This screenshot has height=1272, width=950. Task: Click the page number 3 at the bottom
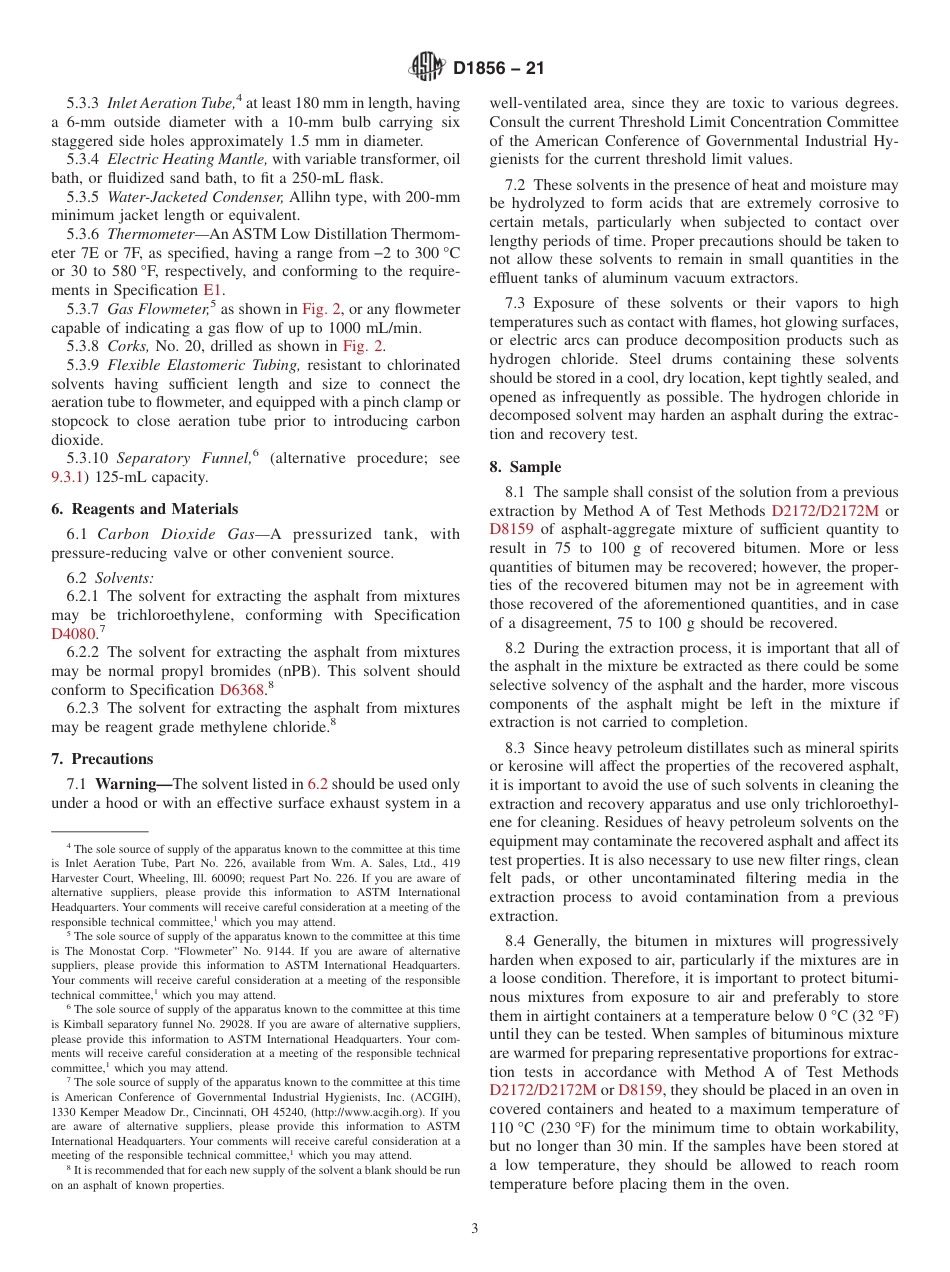[x=475, y=1229]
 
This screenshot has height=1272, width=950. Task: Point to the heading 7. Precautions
[x=102, y=759]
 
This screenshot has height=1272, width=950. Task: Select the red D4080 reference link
[x=73, y=634]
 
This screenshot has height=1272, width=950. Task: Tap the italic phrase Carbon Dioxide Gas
[x=175, y=534]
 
